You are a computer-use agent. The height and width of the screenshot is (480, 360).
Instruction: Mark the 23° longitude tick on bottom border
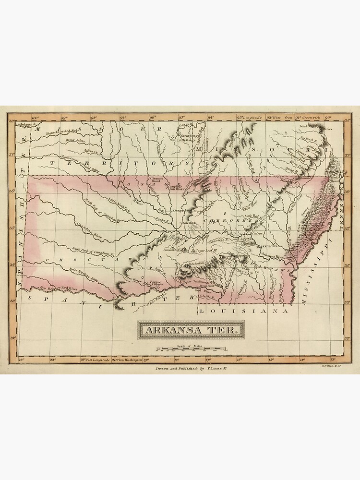click(x=21, y=359)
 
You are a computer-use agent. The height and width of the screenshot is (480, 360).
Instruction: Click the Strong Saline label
click(x=75, y=141)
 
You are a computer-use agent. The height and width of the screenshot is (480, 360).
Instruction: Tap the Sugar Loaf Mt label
click(x=206, y=251)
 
